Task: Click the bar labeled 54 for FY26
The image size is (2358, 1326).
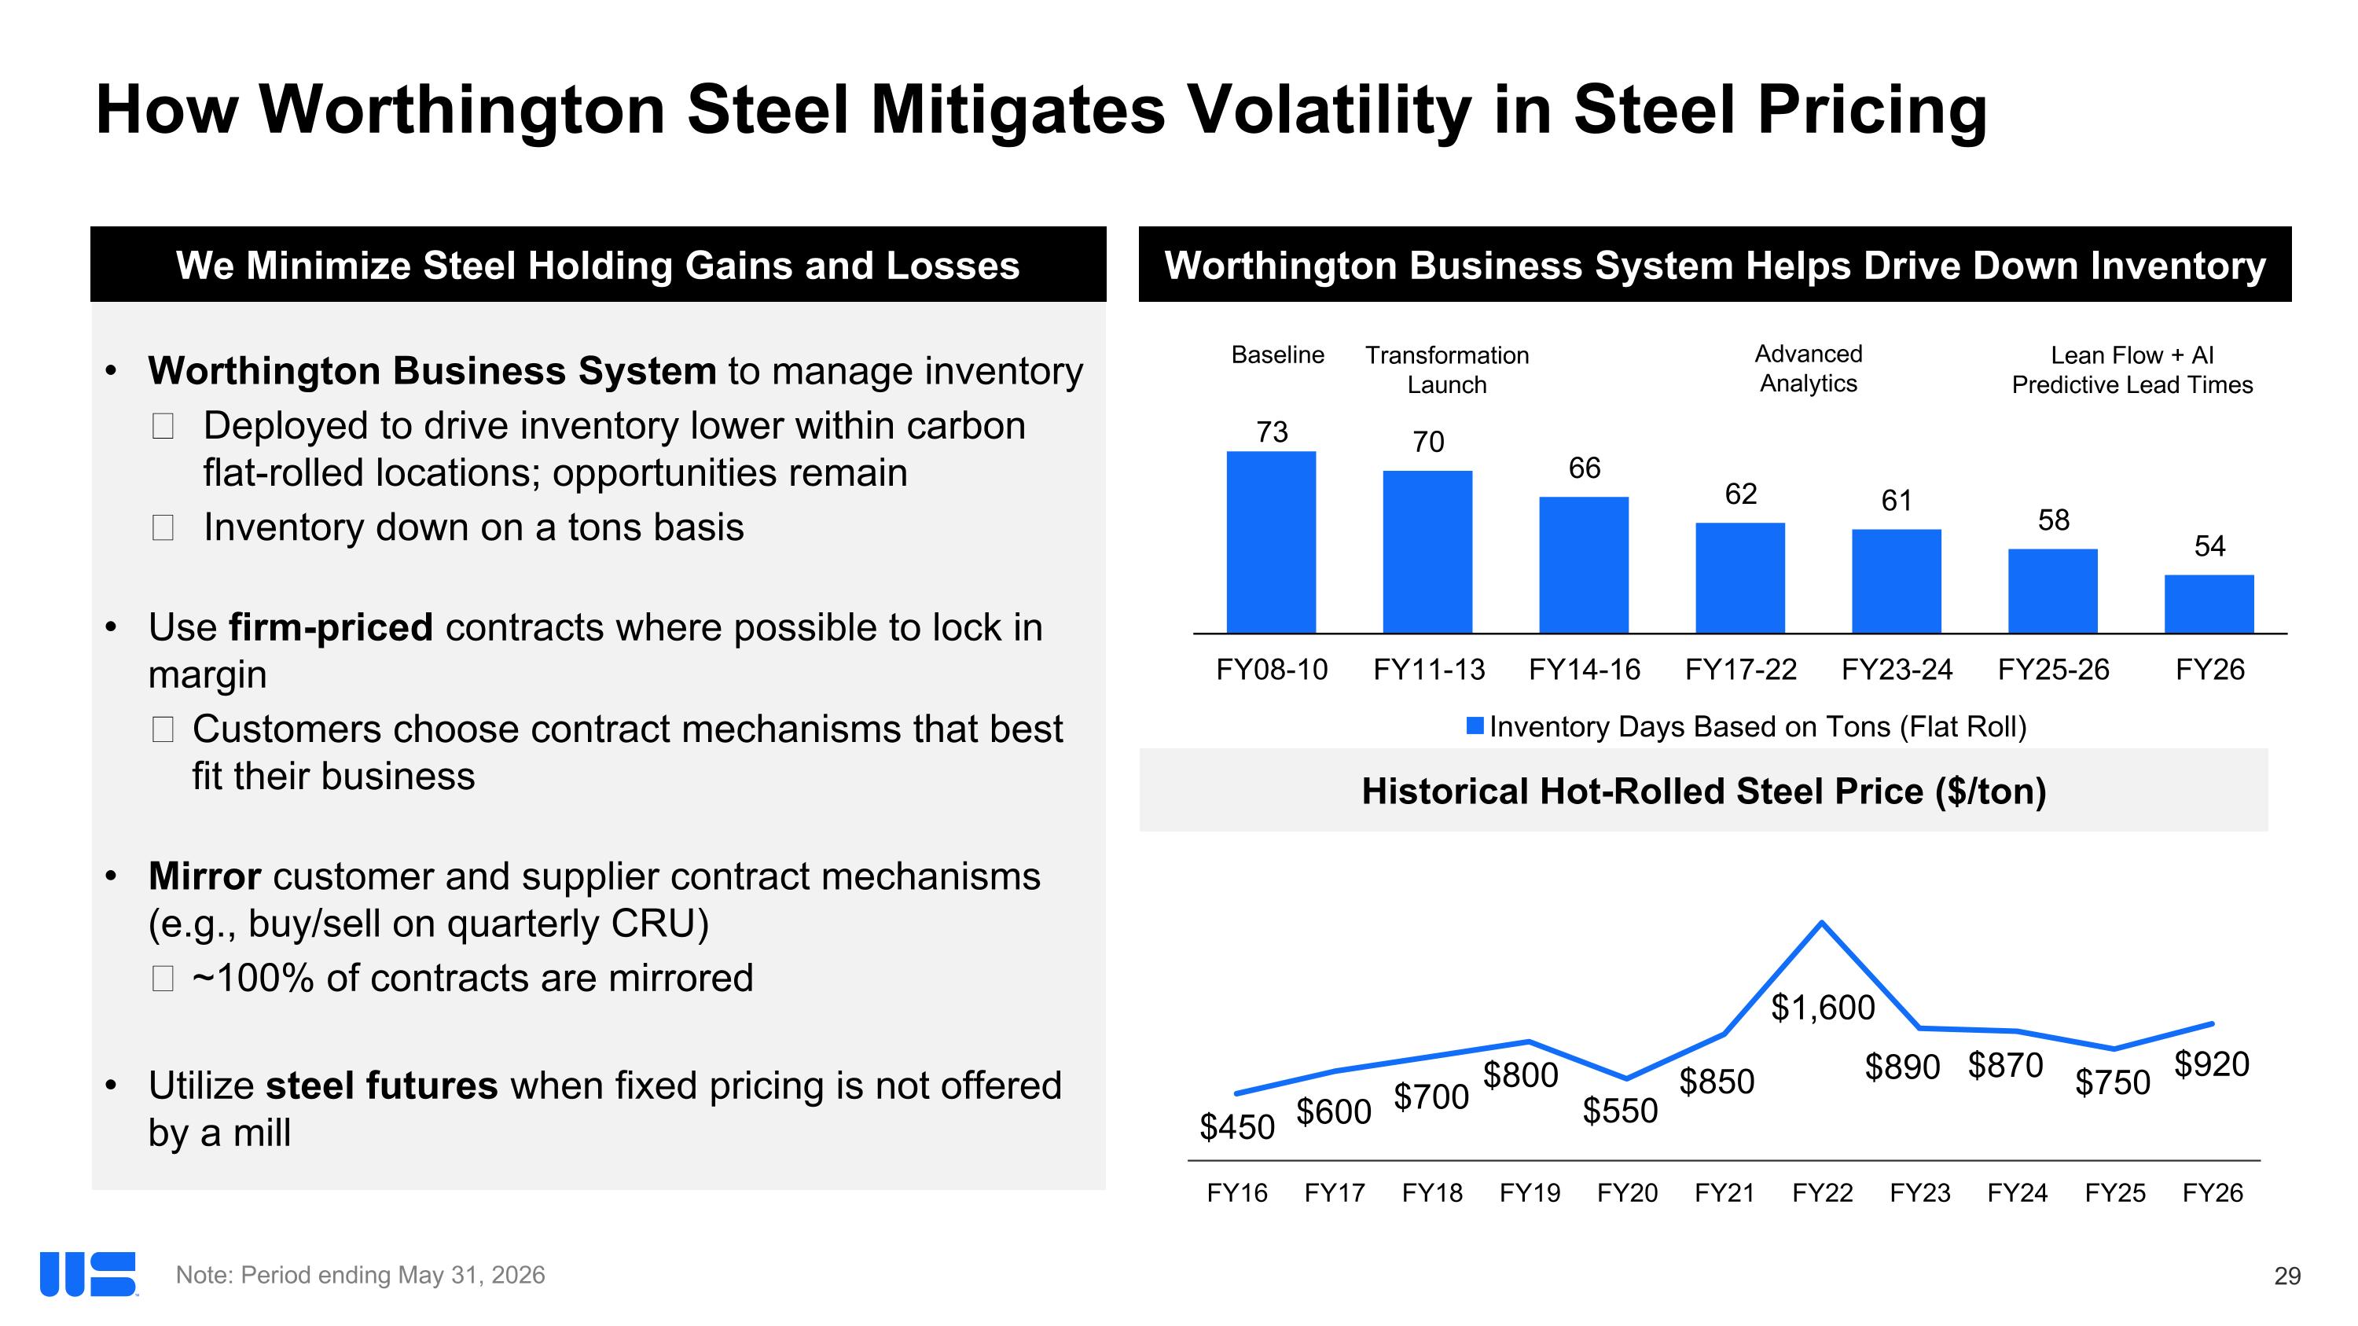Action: pos(2209,603)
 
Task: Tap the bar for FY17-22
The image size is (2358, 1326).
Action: pos(1740,578)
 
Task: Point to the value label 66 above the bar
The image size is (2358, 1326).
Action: pos(1585,468)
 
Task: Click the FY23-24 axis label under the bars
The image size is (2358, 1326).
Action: pos(1897,670)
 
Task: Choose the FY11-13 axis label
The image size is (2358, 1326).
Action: pos(1429,670)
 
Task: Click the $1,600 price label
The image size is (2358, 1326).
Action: pos(1823,1008)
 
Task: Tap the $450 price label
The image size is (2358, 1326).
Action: pos(1236,1127)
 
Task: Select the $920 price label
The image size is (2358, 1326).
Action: pos(2212,1064)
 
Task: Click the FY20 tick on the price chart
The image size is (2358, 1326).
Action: pos(1626,1193)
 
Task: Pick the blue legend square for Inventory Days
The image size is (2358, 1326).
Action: pos(1475,725)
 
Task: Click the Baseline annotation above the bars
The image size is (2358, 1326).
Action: pos(1278,355)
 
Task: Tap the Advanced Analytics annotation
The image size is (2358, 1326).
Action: pos(1808,369)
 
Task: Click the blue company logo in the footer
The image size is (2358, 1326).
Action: pos(88,1274)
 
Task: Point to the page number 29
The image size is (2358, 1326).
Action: pos(2287,1276)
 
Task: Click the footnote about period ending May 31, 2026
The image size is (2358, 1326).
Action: pos(360,1275)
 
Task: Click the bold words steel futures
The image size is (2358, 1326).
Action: pos(382,1085)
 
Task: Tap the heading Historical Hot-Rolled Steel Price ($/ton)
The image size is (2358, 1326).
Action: pos(1703,792)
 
